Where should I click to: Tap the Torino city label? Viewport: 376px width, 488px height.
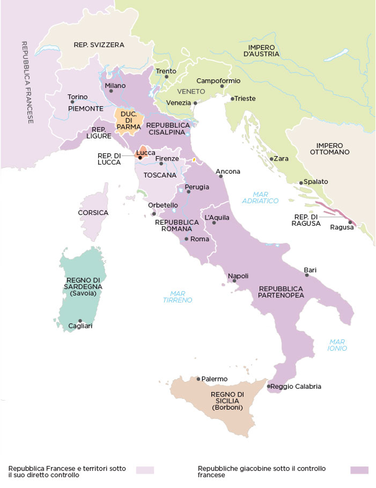[78, 97]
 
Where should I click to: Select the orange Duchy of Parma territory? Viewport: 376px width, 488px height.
[125, 120]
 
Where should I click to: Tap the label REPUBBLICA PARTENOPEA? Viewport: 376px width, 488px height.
[281, 292]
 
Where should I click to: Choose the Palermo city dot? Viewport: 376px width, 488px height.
[198, 379]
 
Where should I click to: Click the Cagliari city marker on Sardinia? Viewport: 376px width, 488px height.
[80, 321]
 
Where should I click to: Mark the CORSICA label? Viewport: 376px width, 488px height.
[93, 213]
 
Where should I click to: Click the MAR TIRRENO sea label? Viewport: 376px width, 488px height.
[177, 296]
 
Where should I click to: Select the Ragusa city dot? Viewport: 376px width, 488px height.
[350, 222]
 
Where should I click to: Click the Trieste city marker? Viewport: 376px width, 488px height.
[232, 99]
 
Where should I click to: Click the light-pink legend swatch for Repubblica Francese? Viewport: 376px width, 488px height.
[145, 470]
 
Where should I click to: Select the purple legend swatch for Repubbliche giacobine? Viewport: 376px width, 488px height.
[359, 470]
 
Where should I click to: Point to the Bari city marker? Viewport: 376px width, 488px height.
[307, 275]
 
